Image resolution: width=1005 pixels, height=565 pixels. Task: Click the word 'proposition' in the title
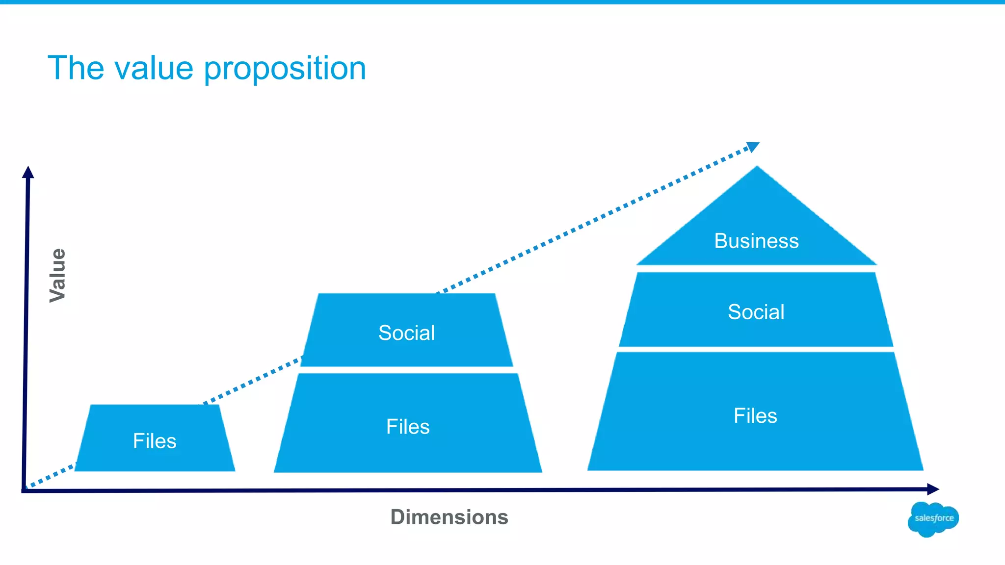(x=285, y=69)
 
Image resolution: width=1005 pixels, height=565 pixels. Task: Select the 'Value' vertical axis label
(x=57, y=275)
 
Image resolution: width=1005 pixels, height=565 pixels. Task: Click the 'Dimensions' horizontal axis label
(x=449, y=517)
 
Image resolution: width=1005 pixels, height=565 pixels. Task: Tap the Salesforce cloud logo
(x=933, y=519)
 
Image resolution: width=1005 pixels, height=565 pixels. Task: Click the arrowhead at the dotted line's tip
(x=753, y=147)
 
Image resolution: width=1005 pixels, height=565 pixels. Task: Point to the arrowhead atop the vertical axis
(x=28, y=172)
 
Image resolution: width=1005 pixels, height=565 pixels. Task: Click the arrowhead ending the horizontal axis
(x=933, y=489)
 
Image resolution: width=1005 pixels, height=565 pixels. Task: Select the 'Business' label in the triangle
(x=756, y=241)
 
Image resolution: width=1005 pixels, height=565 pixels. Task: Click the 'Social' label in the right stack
(x=756, y=312)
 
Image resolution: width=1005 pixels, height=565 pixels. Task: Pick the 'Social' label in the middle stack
(x=406, y=333)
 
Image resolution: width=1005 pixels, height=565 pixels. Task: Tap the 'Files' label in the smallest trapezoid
(x=155, y=441)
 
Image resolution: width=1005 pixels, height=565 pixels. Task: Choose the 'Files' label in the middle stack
(x=408, y=427)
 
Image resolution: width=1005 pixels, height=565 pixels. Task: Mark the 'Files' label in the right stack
(x=755, y=416)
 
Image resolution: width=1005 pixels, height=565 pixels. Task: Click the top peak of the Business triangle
(x=757, y=168)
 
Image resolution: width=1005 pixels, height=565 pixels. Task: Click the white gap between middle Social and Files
(x=407, y=370)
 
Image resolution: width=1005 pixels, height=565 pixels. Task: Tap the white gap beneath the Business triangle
(x=756, y=269)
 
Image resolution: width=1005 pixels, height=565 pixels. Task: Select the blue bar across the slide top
(x=502, y=2)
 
